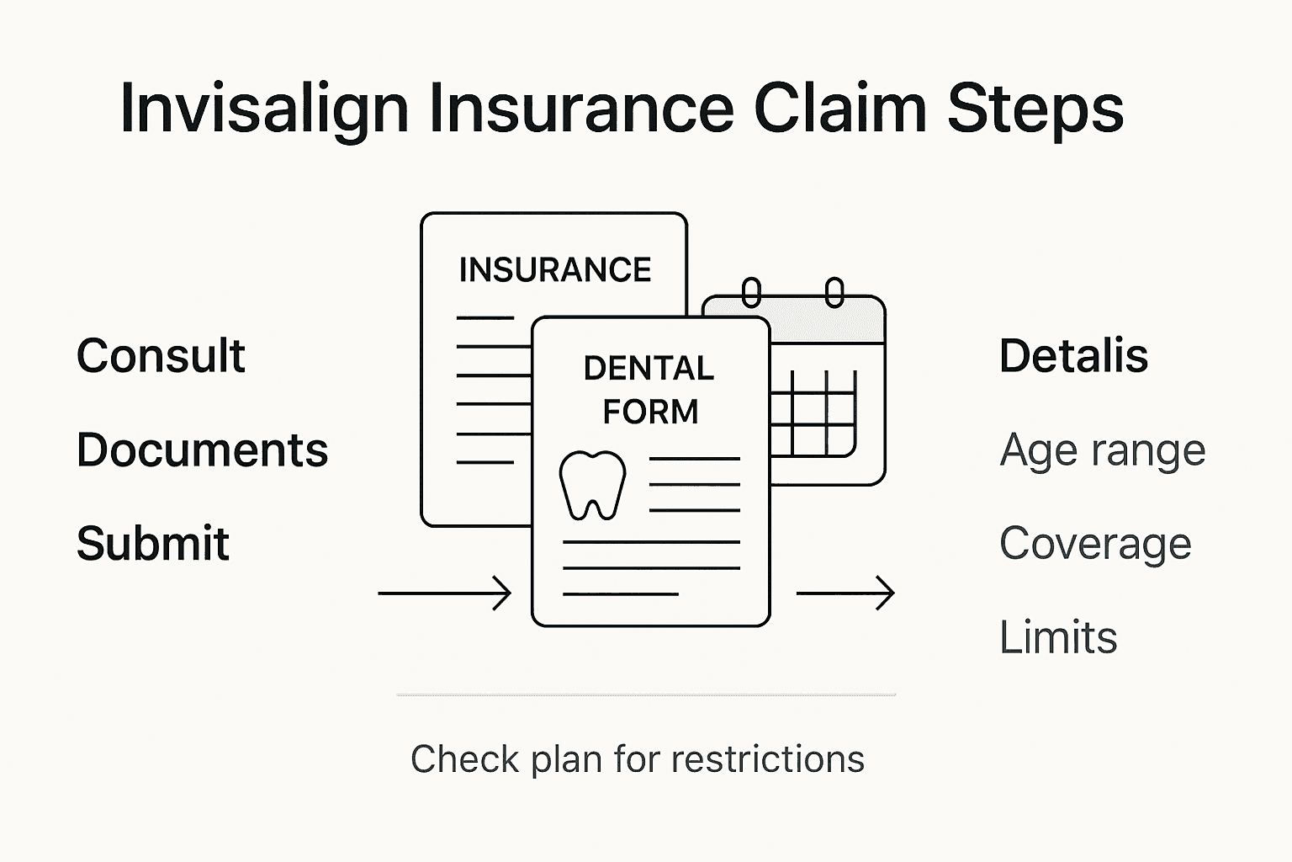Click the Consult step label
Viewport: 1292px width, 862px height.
161,355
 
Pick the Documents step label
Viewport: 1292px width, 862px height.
202,450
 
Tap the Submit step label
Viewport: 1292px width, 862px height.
152,543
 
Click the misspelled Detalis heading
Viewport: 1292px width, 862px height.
1073,355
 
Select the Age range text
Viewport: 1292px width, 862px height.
1102,450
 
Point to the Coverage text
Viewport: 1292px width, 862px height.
1095,543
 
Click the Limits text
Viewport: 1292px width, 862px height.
1058,637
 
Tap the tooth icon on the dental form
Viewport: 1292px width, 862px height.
592,486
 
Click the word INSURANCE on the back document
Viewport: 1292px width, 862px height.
555,270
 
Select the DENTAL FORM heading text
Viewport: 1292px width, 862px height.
649,390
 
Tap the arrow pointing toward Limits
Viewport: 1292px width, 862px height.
845,593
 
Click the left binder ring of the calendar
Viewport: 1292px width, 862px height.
751,293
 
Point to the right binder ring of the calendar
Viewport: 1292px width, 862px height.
834,293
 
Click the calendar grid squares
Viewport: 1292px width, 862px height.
813,413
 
